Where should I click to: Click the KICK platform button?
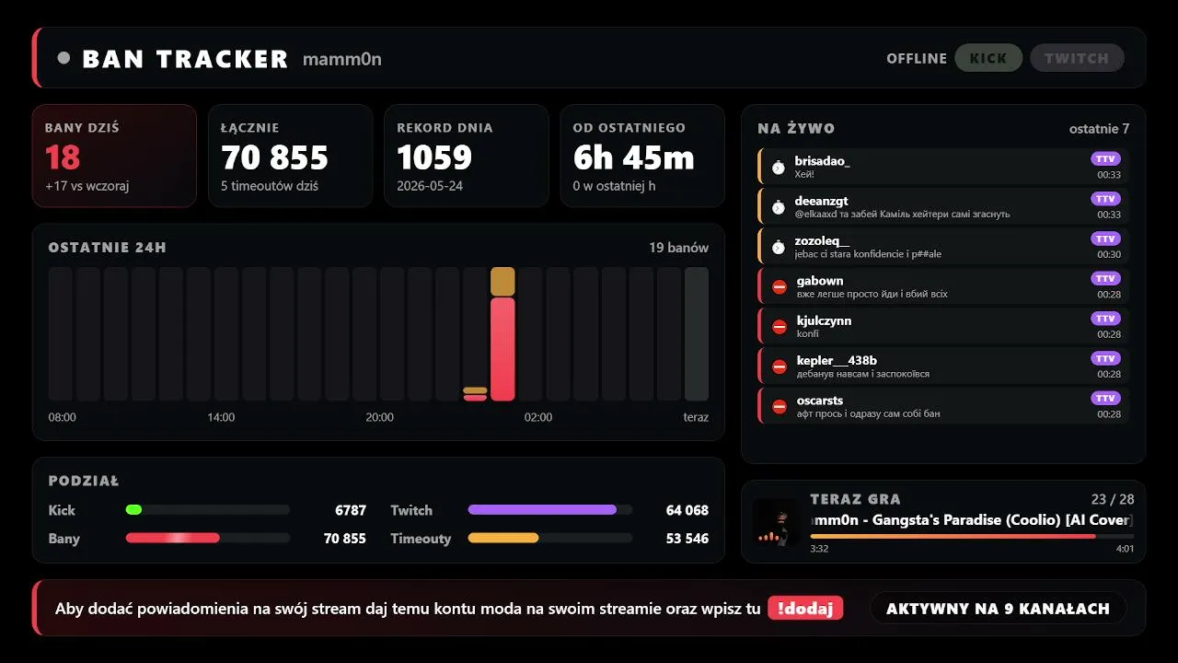click(x=988, y=58)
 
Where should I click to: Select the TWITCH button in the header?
click(x=1077, y=58)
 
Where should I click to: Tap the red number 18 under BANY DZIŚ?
click(x=63, y=157)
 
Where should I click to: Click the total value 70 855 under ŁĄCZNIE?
click(x=274, y=157)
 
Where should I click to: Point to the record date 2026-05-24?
click(x=430, y=186)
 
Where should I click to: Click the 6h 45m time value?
click(x=634, y=157)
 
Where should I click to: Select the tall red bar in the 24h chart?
click(x=502, y=349)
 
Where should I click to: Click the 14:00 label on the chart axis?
click(x=221, y=417)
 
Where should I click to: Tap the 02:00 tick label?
click(x=538, y=417)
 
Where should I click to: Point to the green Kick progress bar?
click(x=133, y=509)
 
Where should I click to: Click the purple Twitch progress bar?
click(x=542, y=509)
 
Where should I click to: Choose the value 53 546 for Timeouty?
click(x=687, y=539)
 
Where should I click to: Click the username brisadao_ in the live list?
click(x=822, y=161)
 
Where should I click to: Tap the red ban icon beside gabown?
click(x=780, y=286)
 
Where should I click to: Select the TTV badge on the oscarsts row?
click(x=1105, y=399)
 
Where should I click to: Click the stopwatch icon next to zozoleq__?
click(x=779, y=247)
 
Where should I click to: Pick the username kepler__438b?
click(x=837, y=360)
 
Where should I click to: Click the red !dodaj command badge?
click(x=805, y=609)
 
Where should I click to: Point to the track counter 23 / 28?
click(x=1113, y=499)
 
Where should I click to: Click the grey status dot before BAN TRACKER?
click(x=64, y=58)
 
